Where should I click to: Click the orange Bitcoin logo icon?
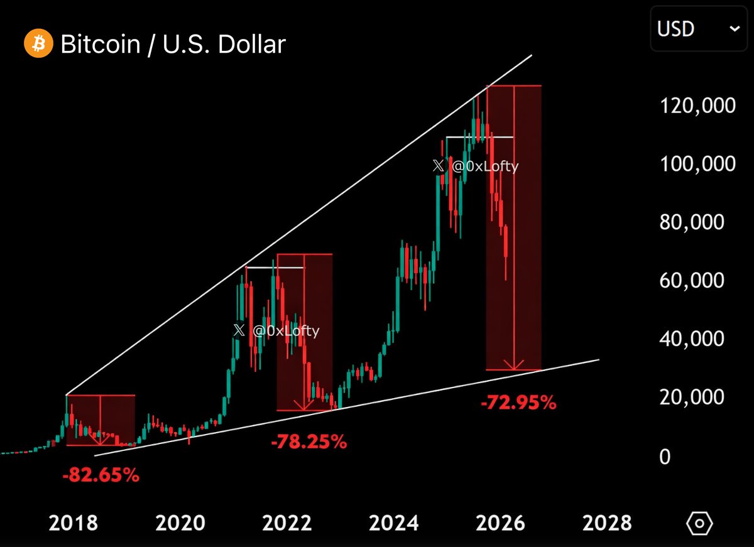click(38, 44)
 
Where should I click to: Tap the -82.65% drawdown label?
click(101, 475)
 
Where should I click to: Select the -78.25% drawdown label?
click(309, 442)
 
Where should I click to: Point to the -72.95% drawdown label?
click(518, 403)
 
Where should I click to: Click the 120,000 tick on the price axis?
click(697, 105)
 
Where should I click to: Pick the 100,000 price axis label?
click(697, 164)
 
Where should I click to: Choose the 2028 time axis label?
click(606, 523)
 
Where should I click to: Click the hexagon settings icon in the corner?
click(699, 523)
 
